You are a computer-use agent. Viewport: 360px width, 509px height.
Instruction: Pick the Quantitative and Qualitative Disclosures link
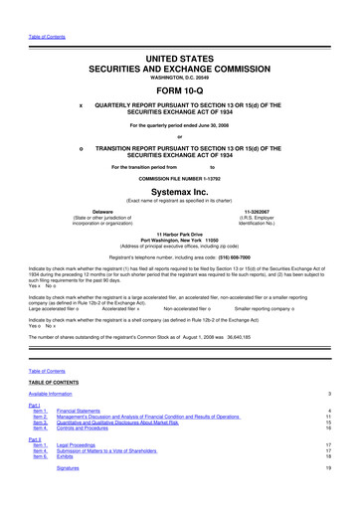134,421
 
